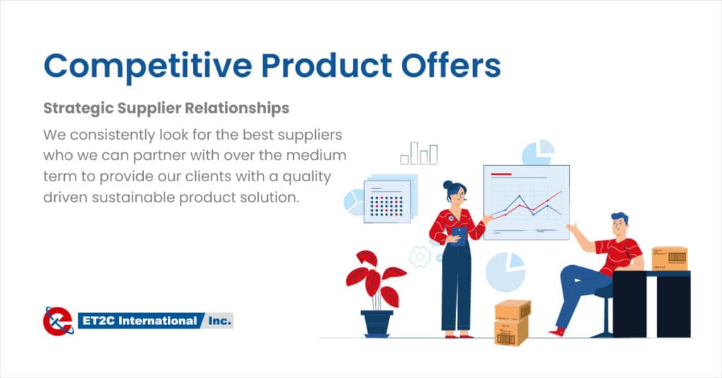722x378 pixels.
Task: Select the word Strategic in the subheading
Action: (x=78, y=109)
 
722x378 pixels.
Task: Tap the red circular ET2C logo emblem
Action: (x=58, y=321)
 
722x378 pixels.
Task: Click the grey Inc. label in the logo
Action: (x=219, y=320)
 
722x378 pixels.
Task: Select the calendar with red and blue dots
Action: (x=387, y=202)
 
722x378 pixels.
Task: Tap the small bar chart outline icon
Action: (x=419, y=153)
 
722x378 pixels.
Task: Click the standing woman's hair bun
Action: (x=448, y=185)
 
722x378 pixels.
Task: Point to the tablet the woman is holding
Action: (x=459, y=235)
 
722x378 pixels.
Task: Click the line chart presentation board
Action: (x=526, y=202)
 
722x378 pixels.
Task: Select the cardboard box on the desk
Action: (x=670, y=259)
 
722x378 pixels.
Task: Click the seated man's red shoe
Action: (x=557, y=331)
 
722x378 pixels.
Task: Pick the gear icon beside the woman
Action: (x=420, y=257)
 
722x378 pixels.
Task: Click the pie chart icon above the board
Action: (x=538, y=152)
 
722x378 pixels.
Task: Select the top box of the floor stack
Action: (x=513, y=310)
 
